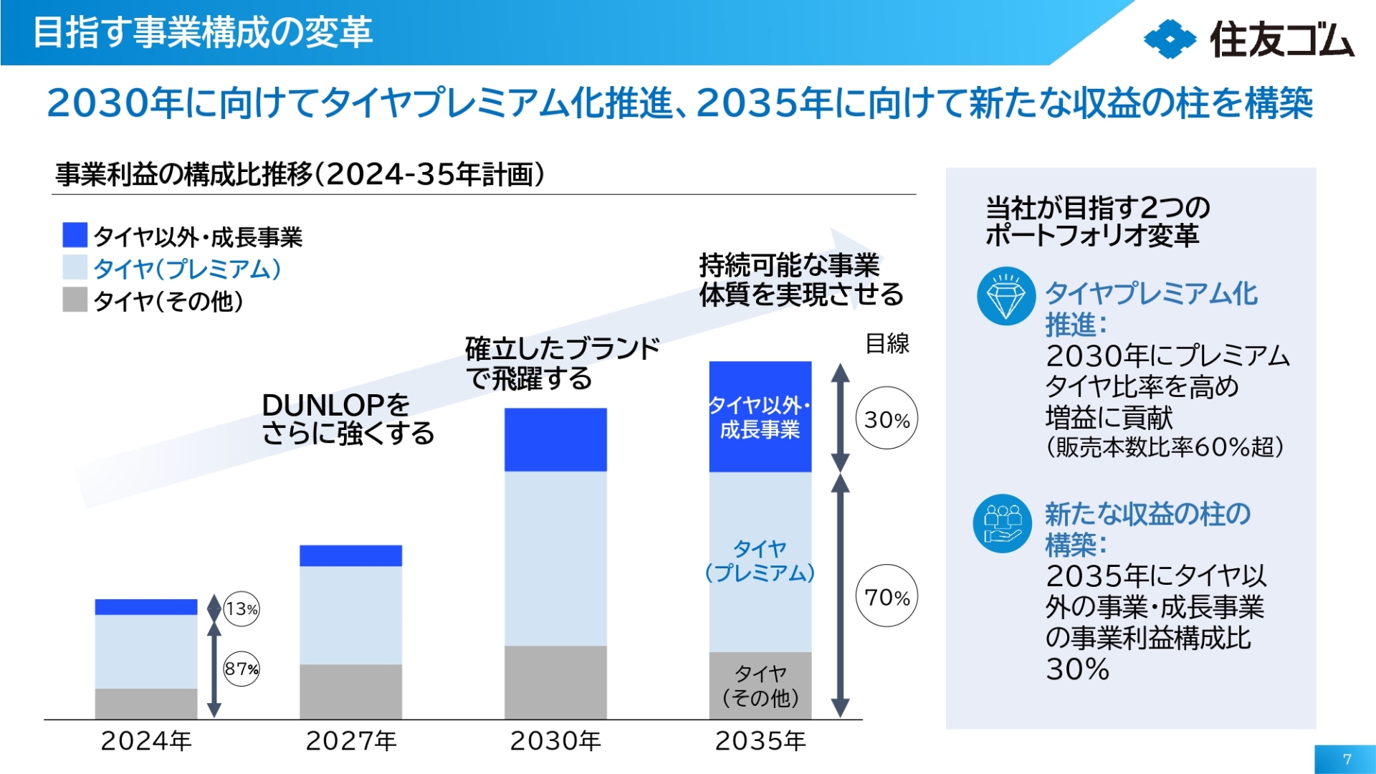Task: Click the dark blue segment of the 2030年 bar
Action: pyautogui.click(x=555, y=439)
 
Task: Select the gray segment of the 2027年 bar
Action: pyautogui.click(x=350, y=691)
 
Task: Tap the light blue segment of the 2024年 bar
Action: pyautogui.click(x=145, y=651)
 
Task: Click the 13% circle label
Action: pyautogui.click(x=242, y=609)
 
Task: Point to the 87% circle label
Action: pyautogui.click(x=242, y=669)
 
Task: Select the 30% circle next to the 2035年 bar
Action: pyautogui.click(x=887, y=419)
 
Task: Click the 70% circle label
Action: pyautogui.click(x=887, y=596)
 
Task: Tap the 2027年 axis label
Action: pyautogui.click(x=350, y=741)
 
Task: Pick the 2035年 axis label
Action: pyautogui.click(x=760, y=741)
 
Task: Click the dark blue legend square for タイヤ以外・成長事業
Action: pyautogui.click(x=75, y=235)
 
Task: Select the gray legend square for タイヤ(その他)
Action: pyautogui.click(x=75, y=300)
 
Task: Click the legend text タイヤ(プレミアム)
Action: pyautogui.click(x=187, y=269)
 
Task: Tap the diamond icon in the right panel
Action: pyautogui.click(x=1005, y=296)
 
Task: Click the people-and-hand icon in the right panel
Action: pyautogui.click(x=1003, y=523)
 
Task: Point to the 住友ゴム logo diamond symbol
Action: pyautogui.click(x=1170, y=39)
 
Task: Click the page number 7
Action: pyautogui.click(x=1347, y=759)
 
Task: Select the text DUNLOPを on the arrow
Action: pyautogui.click(x=335, y=406)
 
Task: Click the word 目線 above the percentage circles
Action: pyautogui.click(x=887, y=343)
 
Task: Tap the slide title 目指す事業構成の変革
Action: pyautogui.click(x=203, y=32)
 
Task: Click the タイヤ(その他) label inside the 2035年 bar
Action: pyautogui.click(x=760, y=685)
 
